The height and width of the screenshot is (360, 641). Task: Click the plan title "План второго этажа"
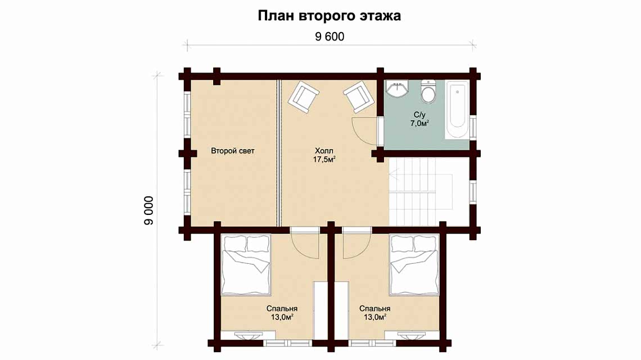click(x=329, y=16)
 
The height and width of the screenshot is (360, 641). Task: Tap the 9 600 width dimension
click(x=329, y=37)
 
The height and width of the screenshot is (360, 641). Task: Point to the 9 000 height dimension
click(x=149, y=210)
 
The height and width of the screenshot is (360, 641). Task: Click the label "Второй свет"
click(x=233, y=151)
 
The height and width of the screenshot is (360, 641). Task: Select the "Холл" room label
click(x=324, y=151)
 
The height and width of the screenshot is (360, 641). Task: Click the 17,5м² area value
click(x=324, y=160)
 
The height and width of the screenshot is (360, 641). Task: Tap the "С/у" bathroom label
click(x=420, y=115)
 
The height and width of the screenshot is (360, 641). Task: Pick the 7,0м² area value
click(x=420, y=123)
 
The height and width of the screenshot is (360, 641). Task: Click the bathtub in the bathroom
click(x=457, y=110)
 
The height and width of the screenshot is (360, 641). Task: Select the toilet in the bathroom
click(x=428, y=91)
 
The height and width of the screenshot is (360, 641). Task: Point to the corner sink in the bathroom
click(x=396, y=89)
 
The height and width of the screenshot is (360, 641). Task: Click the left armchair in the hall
click(x=303, y=97)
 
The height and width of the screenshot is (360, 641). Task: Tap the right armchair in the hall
click(x=359, y=97)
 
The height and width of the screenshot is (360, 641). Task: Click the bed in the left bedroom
click(x=246, y=265)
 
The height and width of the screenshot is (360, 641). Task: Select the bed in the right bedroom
click(x=414, y=265)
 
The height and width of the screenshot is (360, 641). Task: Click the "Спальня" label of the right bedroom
click(x=375, y=309)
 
